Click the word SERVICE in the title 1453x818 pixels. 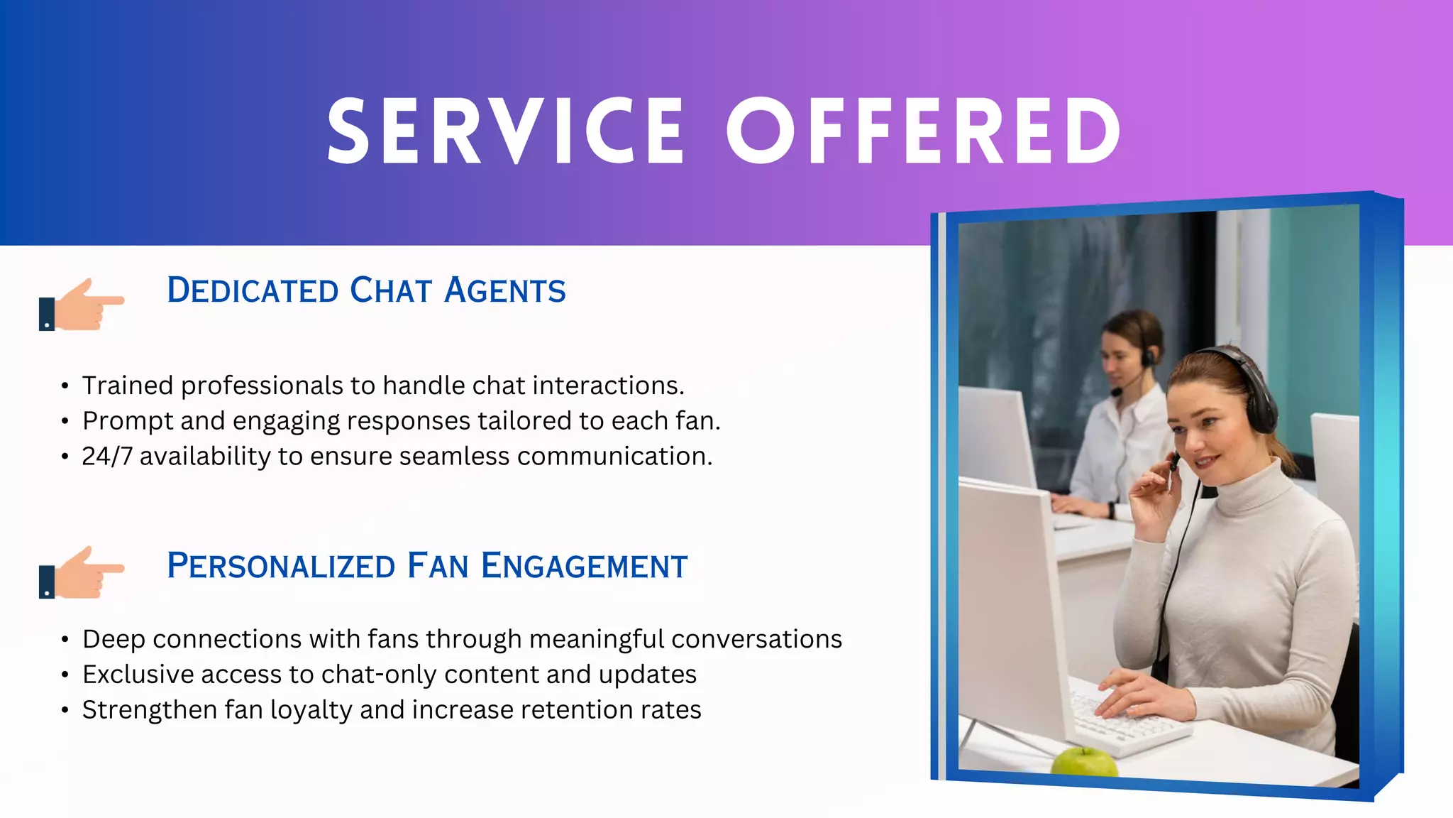pyautogui.click(x=505, y=131)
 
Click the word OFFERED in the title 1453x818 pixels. pyautogui.click(x=922, y=131)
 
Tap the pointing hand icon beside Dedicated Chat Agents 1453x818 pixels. pyautogui.click(x=82, y=305)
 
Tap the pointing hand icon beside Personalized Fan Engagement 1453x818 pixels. pyautogui.click(x=82, y=572)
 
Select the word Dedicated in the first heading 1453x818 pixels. pyautogui.click(x=253, y=290)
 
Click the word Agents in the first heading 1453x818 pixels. pyautogui.click(x=504, y=290)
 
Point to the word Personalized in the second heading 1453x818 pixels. pyautogui.click(x=281, y=566)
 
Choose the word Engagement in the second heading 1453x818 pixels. pyautogui.click(x=584, y=566)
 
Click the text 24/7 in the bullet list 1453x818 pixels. pyautogui.click(x=107, y=457)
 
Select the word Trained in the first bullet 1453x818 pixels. pyautogui.click(x=128, y=386)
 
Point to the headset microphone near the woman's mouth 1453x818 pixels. pyautogui.click(x=1174, y=463)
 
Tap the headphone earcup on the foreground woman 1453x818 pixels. pyautogui.click(x=1259, y=412)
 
